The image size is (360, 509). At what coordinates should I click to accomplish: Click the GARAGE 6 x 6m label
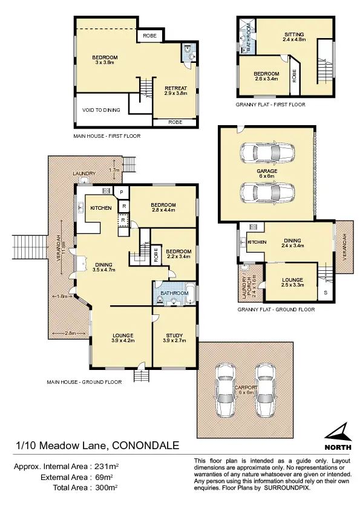266,174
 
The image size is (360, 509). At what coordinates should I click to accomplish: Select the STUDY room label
174,338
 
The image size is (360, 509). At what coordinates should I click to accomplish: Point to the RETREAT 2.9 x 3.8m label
176,91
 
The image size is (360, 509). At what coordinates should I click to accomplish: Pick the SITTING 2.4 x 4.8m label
295,37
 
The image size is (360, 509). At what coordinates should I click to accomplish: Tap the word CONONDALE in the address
145,446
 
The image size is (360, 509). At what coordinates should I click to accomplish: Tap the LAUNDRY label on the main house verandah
83,173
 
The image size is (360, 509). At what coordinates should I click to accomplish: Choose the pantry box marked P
122,192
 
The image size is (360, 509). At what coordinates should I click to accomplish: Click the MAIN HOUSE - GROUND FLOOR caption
84,381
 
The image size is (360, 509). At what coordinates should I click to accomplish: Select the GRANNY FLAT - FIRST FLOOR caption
270,105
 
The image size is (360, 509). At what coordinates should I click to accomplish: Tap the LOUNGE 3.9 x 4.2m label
122,338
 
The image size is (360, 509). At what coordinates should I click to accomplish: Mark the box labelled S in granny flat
326,293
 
